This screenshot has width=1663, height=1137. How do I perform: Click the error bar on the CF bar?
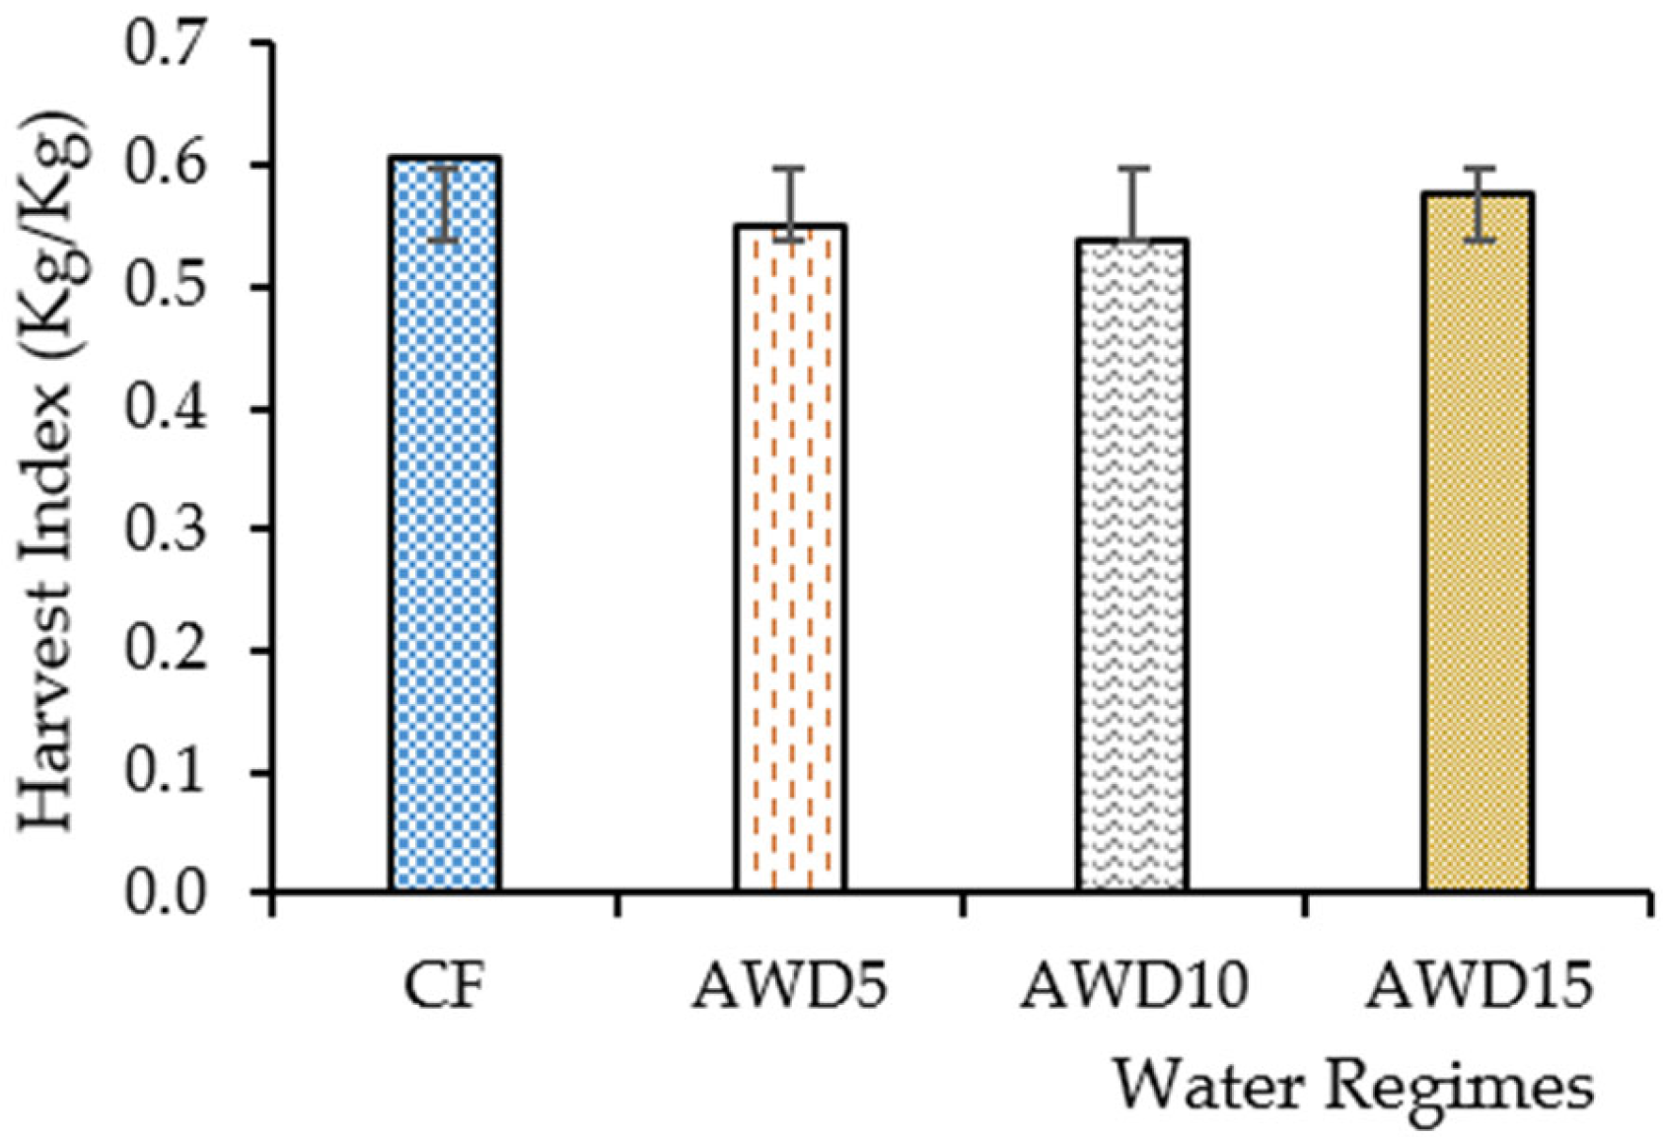[x=447, y=204]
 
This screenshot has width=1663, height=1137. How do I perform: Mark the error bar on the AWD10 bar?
[x=1133, y=202]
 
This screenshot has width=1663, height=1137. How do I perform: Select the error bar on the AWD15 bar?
[x=1478, y=204]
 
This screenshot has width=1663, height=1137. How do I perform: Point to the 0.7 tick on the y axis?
[x=166, y=44]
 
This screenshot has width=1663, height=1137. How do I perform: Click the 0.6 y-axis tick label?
[x=166, y=165]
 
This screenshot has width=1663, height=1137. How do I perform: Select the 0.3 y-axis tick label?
[x=166, y=530]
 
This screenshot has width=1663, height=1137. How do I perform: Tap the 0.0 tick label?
[x=166, y=892]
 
